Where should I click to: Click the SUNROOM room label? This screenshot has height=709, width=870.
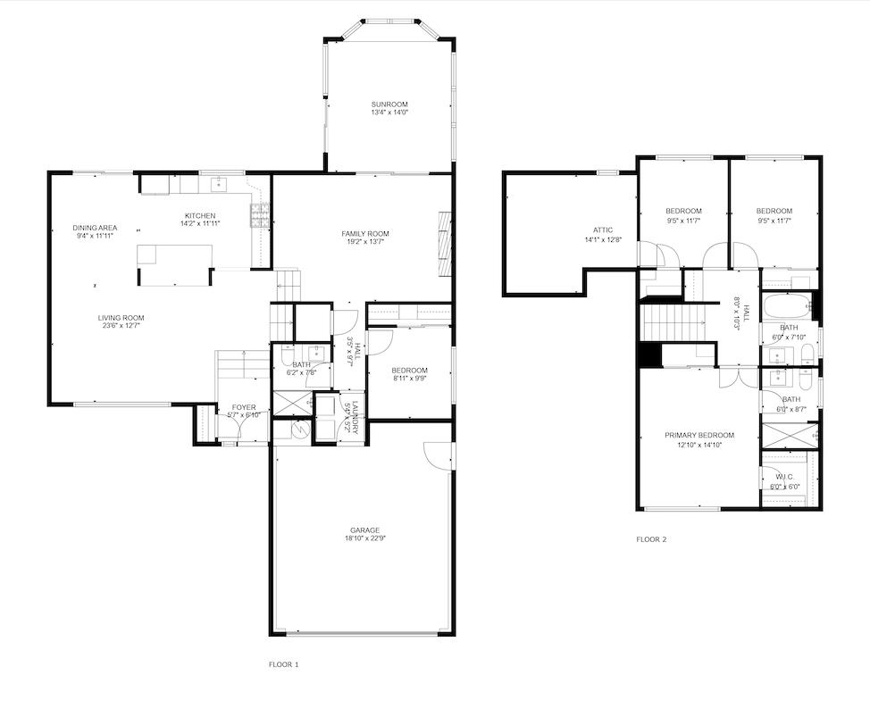(x=389, y=104)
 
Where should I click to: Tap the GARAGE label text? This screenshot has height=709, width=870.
(x=365, y=530)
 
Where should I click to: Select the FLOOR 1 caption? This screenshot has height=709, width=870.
(x=284, y=664)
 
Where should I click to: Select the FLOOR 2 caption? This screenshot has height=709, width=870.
(x=651, y=539)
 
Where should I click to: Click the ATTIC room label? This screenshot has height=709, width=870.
(x=602, y=230)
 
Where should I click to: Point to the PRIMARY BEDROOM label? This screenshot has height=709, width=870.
(x=699, y=436)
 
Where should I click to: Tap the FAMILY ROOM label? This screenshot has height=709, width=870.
(x=365, y=234)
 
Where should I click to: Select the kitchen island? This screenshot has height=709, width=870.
(x=175, y=263)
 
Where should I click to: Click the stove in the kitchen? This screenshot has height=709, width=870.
(x=260, y=215)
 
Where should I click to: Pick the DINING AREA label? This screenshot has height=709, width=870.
(x=95, y=228)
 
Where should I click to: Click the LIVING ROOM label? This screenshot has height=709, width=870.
(x=121, y=317)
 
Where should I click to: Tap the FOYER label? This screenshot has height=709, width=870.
(x=244, y=406)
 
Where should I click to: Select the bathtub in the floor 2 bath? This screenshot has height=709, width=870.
(x=787, y=307)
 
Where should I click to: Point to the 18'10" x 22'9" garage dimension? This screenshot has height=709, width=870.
(x=365, y=538)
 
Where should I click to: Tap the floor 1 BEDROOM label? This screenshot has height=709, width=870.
(x=410, y=371)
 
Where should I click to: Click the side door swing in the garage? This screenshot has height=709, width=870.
(x=438, y=455)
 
